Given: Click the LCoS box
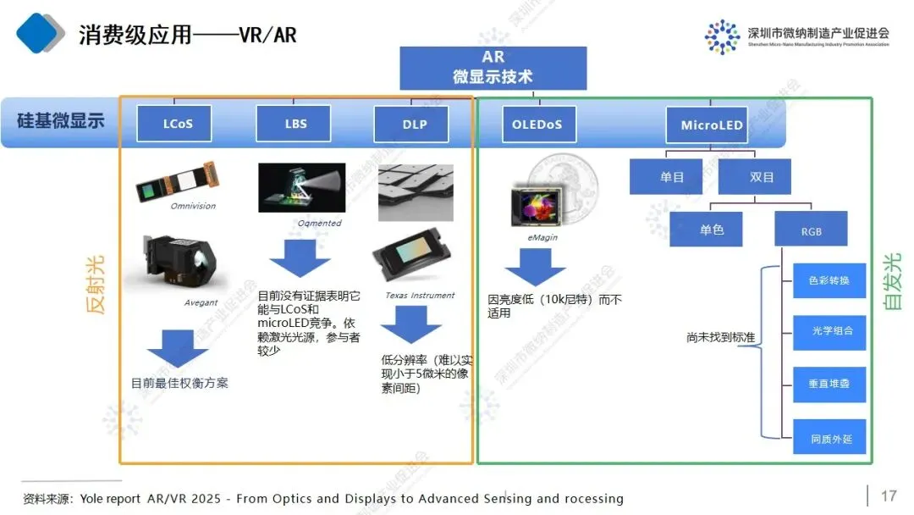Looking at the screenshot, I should (178, 124).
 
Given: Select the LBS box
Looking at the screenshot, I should (295, 124).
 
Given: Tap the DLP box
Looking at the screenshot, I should (414, 125).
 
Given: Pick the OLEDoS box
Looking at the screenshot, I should (537, 125).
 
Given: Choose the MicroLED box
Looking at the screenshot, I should (712, 125).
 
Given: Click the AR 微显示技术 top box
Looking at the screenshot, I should (493, 68).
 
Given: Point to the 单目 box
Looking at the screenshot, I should (672, 177).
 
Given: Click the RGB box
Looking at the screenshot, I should (811, 231).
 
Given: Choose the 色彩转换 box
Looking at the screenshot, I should (829, 280).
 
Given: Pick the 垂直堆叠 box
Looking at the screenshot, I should (829, 384).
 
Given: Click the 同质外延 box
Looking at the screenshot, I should (829, 440).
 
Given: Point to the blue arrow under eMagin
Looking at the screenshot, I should (535, 269).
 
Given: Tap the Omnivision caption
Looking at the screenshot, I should (193, 206).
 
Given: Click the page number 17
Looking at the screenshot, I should (889, 496).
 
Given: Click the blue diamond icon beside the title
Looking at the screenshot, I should (40, 33).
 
